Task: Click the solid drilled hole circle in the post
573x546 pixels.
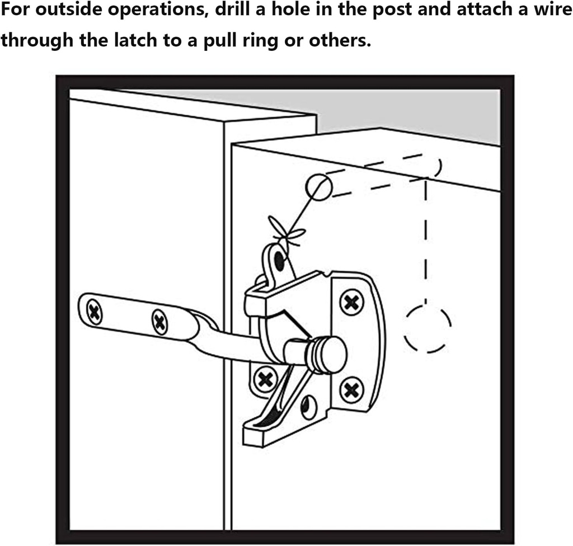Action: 319,186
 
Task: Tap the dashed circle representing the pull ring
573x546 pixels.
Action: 428,329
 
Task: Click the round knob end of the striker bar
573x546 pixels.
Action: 331,354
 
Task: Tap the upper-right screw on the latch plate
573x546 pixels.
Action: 351,302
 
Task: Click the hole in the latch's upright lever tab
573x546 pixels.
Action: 279,260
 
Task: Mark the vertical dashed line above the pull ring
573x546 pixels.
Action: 426,241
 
